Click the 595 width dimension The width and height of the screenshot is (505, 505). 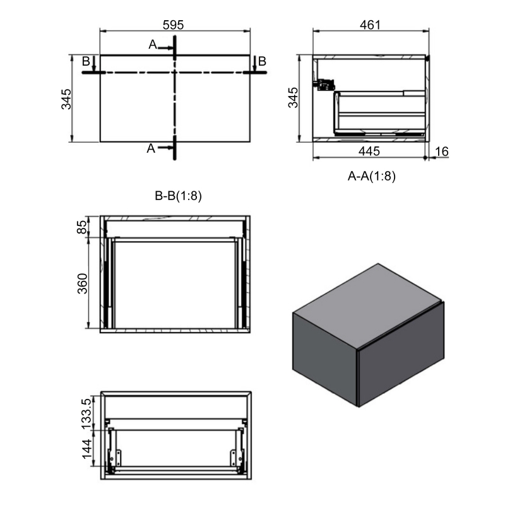173,25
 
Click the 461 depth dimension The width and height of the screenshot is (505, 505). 370,25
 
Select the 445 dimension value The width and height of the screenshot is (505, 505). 369,151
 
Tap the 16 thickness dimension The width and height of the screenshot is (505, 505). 441,151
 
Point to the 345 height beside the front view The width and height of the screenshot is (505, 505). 66,99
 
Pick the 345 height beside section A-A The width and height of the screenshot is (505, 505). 293,98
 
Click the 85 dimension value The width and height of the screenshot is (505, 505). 82,227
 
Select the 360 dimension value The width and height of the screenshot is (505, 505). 83,283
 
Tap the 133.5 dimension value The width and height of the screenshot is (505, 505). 86,413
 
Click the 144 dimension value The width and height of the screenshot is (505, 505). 87,449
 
